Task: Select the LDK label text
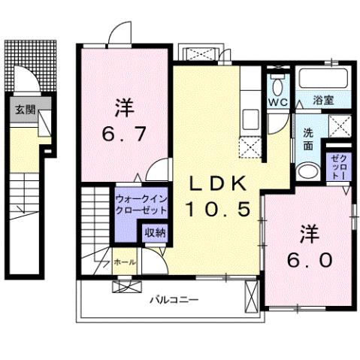(216, 183)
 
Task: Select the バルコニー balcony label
(174, 299)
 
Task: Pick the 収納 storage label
(155, 233)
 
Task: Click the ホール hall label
(124, 262)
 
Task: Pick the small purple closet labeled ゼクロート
(335, 165)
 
